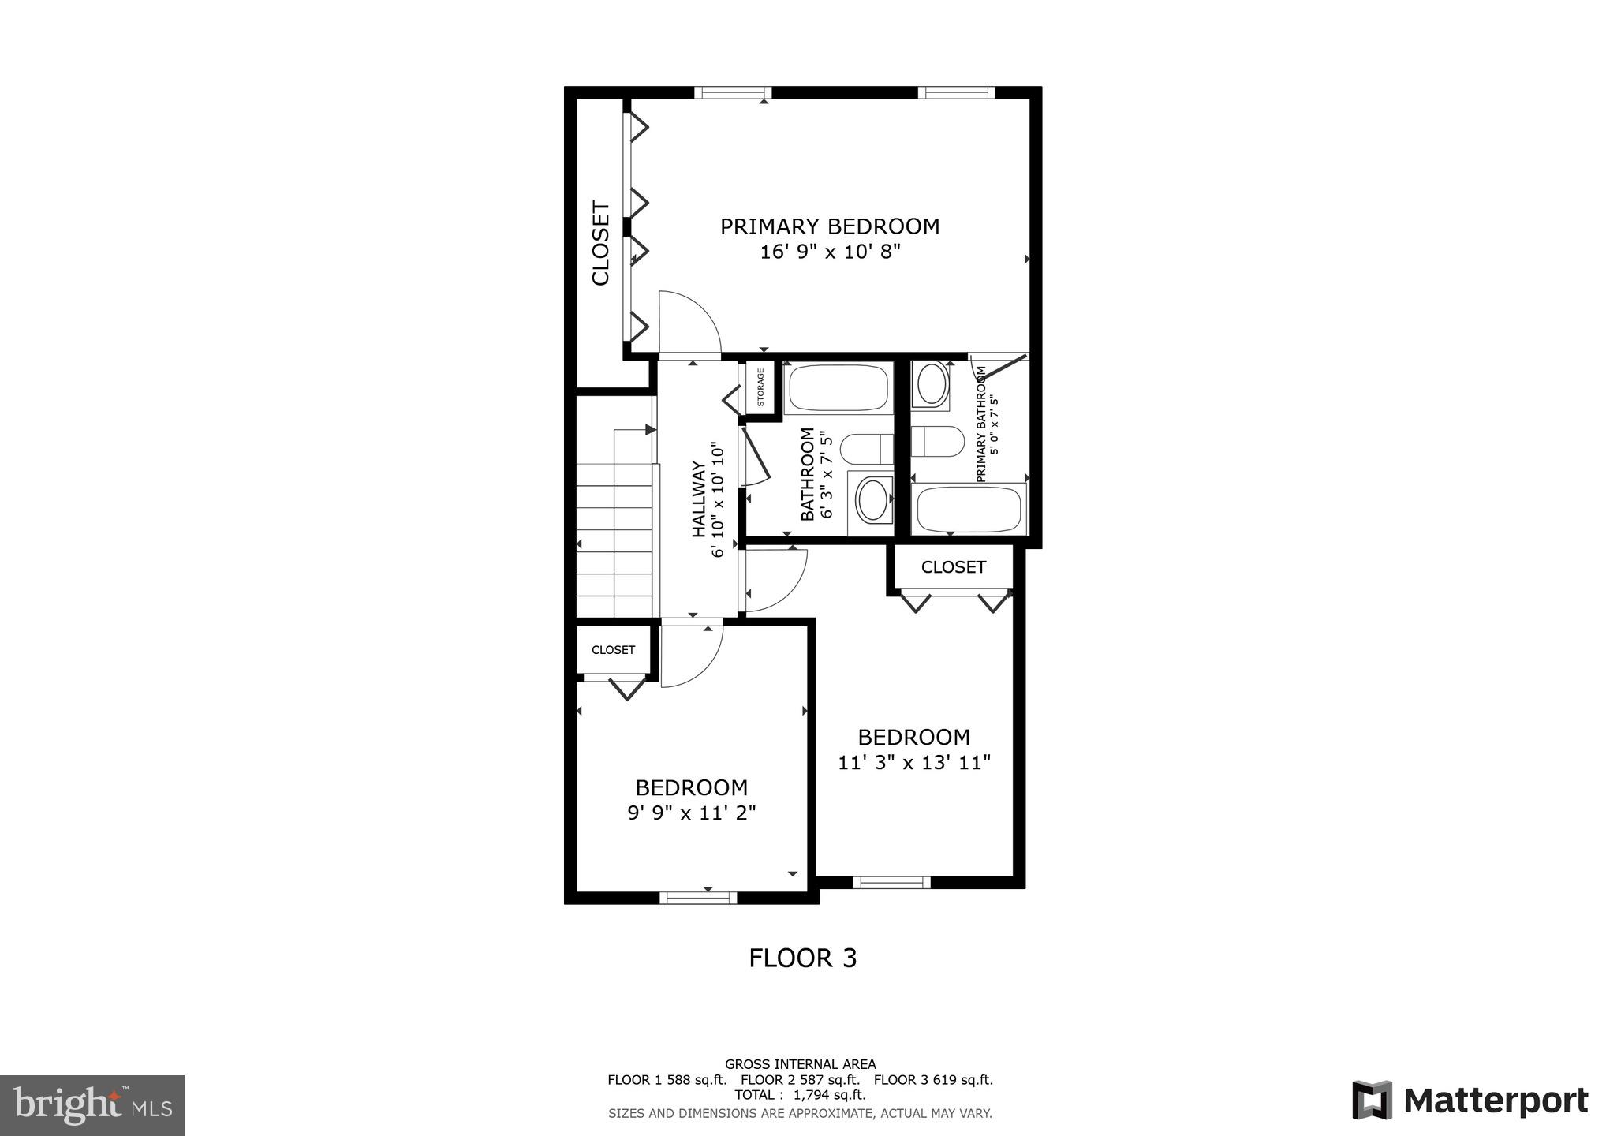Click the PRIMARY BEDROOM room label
(x=829, y=226)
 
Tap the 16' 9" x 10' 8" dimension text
(x=829, y=252)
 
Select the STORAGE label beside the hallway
(x=760, y=387)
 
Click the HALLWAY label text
(x=699, y=499)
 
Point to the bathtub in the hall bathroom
(x=838, y=387)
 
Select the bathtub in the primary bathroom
(x=969, y=510)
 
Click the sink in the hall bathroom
(x=872, y=500)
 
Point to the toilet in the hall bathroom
(x=866, y=450)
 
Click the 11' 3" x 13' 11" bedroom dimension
(x=913, y=763)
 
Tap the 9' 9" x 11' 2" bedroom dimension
(x=691, y=813)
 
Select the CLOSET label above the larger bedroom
(x=953, y=567)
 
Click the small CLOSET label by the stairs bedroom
(x=613, y=650)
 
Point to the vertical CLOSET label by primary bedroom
(x=601, y=243)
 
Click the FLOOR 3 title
(x=802, y=958)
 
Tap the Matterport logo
(x=1470, y=1100)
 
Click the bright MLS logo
(x=92, y=1105)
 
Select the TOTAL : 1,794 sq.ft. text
(x=800, y=1095)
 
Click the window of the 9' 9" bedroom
(x=697, y=897)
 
